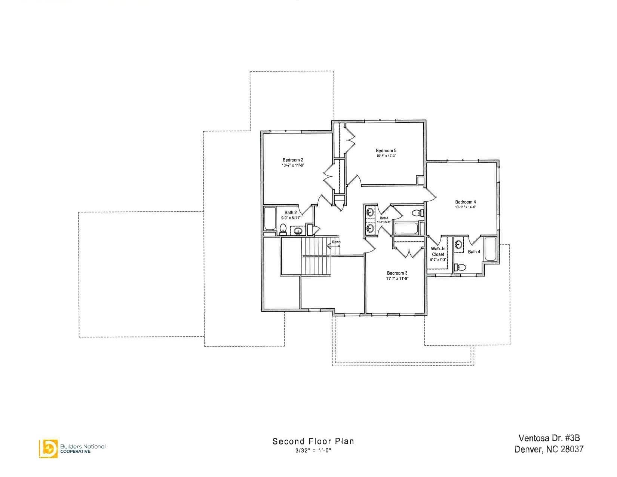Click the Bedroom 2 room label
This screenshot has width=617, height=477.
pyautogui.click(x=293, y=160)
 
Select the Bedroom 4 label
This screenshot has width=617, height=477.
pyautogui.click(x=465, y=202)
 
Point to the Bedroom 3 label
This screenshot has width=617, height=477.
pyautogui.click(x=397, y=273)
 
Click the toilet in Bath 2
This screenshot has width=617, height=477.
pyautogui.click(x=283, y=228)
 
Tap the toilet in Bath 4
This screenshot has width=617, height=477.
pyautogui.click(x=460, y=267)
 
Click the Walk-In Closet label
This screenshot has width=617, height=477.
pyautogui.click(x=438, y=251)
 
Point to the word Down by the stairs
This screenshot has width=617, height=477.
pyautogui.click(x=336, y=242)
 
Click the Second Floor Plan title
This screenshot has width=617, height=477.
pyautogui.click(x=313, y=441)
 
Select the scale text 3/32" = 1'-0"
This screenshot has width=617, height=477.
pyautogui.click(x=313, y=450)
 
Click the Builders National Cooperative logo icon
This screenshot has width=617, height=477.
pyautogui.click(x=48, y=448)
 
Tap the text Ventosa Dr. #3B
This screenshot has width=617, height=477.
pyautogui.click(x=549, y=438)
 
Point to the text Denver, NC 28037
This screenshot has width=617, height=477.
pyautogui.click(x=549, y=449)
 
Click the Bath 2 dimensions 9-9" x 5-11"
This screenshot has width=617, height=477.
pyautogui.click(x=291, y=218)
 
